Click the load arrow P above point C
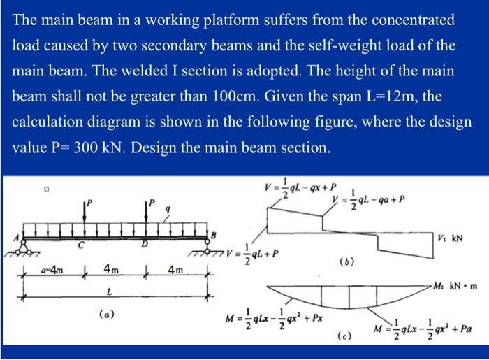click(83, 213)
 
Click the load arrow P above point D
click(146, 213)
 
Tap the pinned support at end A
click(24, 244)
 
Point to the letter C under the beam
click(82, 247)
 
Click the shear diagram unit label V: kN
click(452, 238)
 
